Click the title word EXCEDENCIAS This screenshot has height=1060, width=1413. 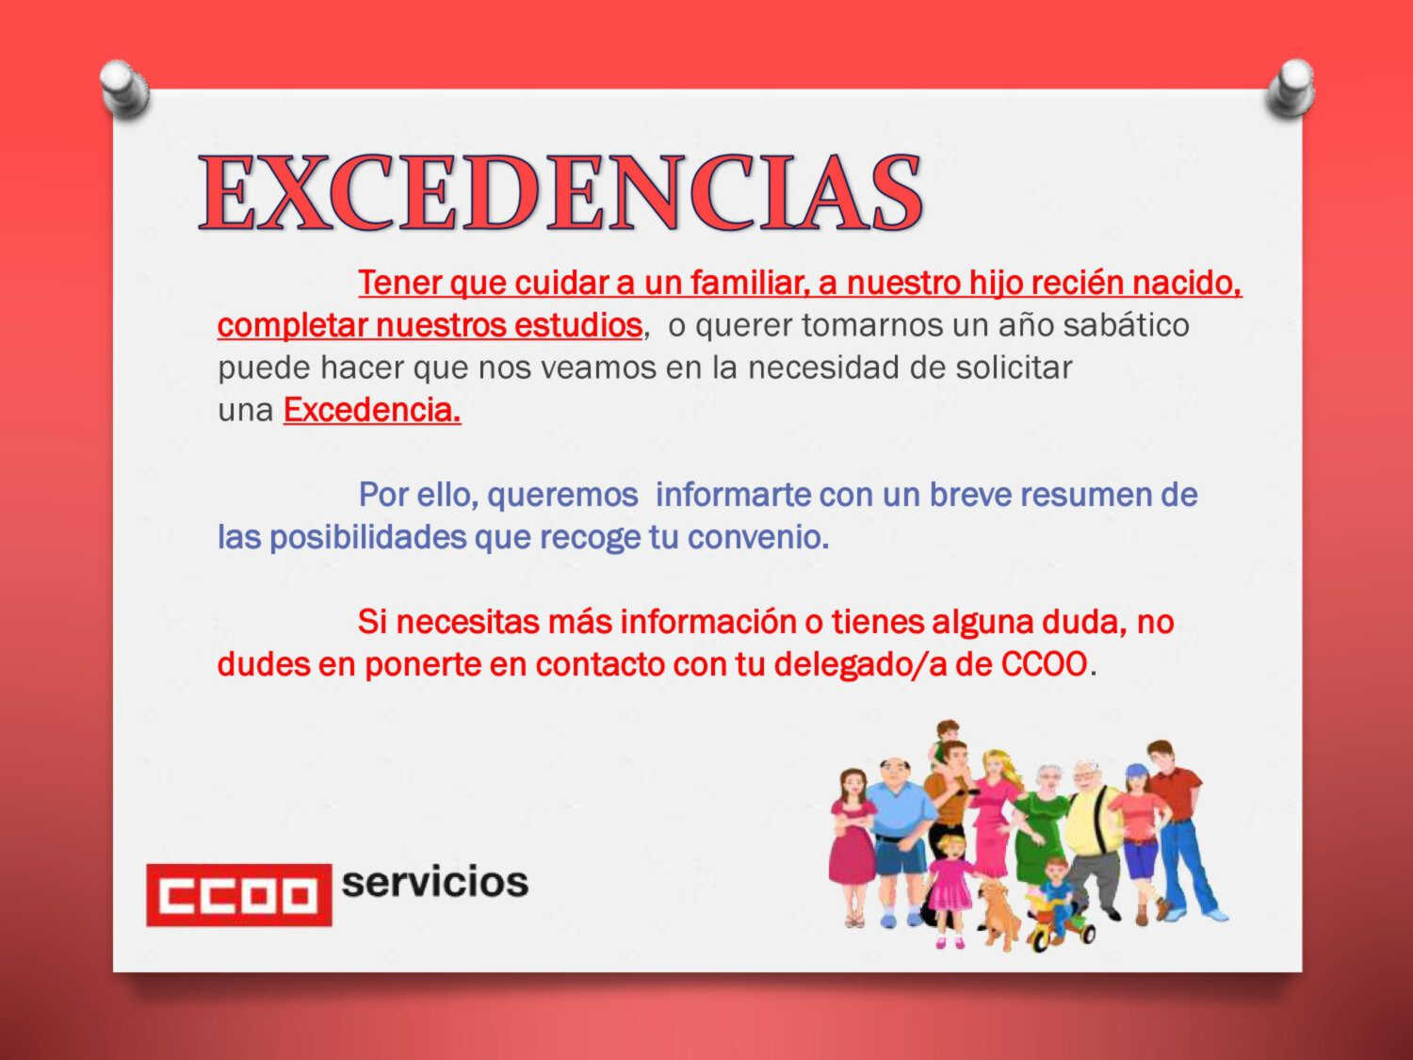(x=560, y=192)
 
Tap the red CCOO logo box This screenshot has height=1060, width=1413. (x=239, y=894)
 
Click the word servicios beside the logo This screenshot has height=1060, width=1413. (x=434, y=882)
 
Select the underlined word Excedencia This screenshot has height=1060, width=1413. (x=372, y=410)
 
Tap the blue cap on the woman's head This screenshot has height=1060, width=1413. (x=1136, y=771)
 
